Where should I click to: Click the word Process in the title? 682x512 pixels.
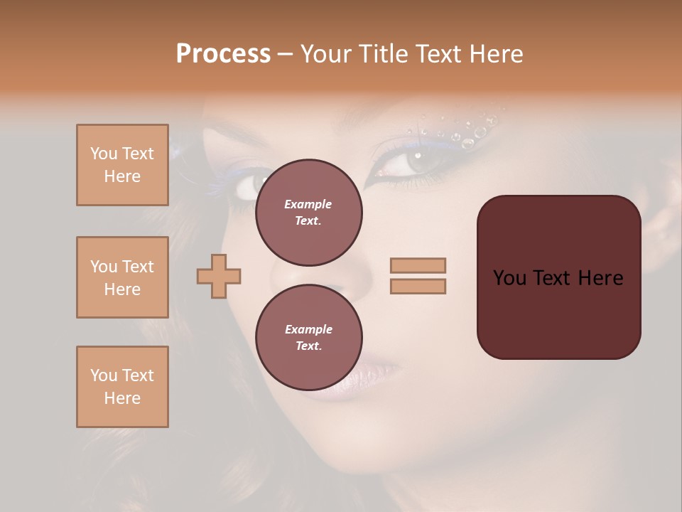pyautogui.click(x=223, y=54)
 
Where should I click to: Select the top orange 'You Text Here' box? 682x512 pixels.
pyautogui.click(x=122, y=165)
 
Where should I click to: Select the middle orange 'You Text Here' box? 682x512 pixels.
pyautogui.click(x=122, y=277)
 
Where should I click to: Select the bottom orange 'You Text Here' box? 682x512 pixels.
pyautogui.click(x=122, y=387)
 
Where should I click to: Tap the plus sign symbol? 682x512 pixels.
pyautogui.click(x=219, y=276)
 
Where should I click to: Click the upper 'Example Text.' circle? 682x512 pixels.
pyautogui.click(x=308, y=213)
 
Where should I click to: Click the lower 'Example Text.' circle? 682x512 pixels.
pyautogui.click(x=308, y=338)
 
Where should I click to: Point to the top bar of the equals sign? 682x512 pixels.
pyautogui.click(x=418, y=265)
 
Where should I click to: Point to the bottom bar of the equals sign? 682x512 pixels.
pyautogui.click(x=418, y=286)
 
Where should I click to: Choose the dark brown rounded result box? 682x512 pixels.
pyautogui.click(x=558, y=277)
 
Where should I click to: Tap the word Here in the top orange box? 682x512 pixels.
pyautogui.click(x=122, y=176)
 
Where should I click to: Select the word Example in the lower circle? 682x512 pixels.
pyautogui.click(x=308, y=329)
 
